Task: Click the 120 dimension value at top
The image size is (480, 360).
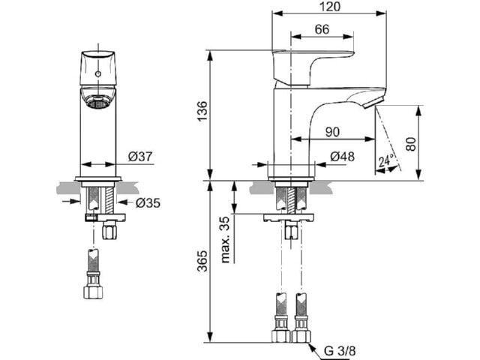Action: (x=329, y=6)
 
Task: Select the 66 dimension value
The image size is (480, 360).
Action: (x=322, y=29)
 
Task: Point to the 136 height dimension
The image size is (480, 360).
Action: (x=202, y=111)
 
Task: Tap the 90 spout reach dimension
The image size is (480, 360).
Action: (x=332, y=132)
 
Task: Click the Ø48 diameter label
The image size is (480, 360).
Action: (x=343, y=157)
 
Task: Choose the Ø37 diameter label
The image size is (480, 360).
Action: (x=140, y=157)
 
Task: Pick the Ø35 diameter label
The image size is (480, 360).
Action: (x=148, y=202)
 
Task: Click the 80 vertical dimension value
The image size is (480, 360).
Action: (x=412, y=144)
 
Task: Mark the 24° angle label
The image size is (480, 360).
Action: (x=386, y=161)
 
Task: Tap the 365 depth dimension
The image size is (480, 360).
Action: (x=202, y=261)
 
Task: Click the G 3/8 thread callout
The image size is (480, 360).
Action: (x=340, y=351)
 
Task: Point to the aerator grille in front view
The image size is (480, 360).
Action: (x=97, y=103)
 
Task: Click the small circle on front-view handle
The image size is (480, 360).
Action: (x=98, y=73)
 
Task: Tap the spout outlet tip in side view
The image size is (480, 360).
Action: (x=373, y=102)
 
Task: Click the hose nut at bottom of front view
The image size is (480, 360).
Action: (x=93, y=292)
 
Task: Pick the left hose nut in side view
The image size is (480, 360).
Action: (x=280, y=336)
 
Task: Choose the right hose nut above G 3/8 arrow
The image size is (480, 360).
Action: (x=301, y=336)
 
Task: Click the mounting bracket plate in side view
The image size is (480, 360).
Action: (x=289, y=218)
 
